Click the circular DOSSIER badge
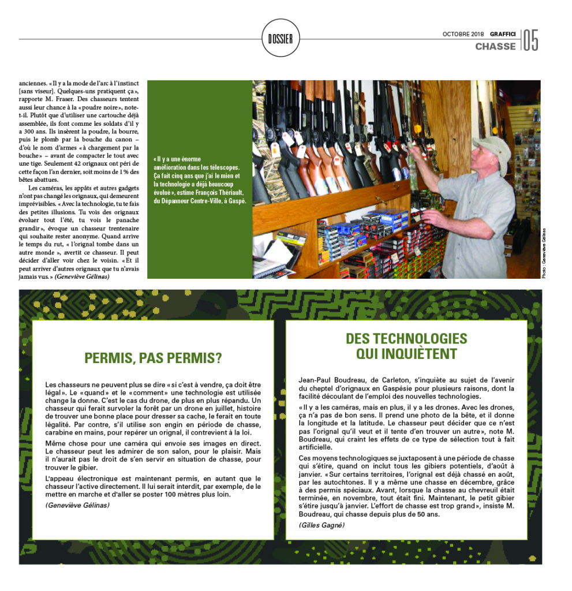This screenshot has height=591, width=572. click(x=280, y=39)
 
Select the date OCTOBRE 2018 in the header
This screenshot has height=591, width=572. click(x=463, y=34)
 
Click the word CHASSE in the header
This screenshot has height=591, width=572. click(x=495, y=46)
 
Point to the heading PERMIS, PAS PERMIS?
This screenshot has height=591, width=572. click(x=153, y=358)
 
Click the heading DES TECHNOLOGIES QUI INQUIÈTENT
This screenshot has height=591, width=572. click(x=406, y=346)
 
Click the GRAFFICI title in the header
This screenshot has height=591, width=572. click(x=503, y=34)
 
